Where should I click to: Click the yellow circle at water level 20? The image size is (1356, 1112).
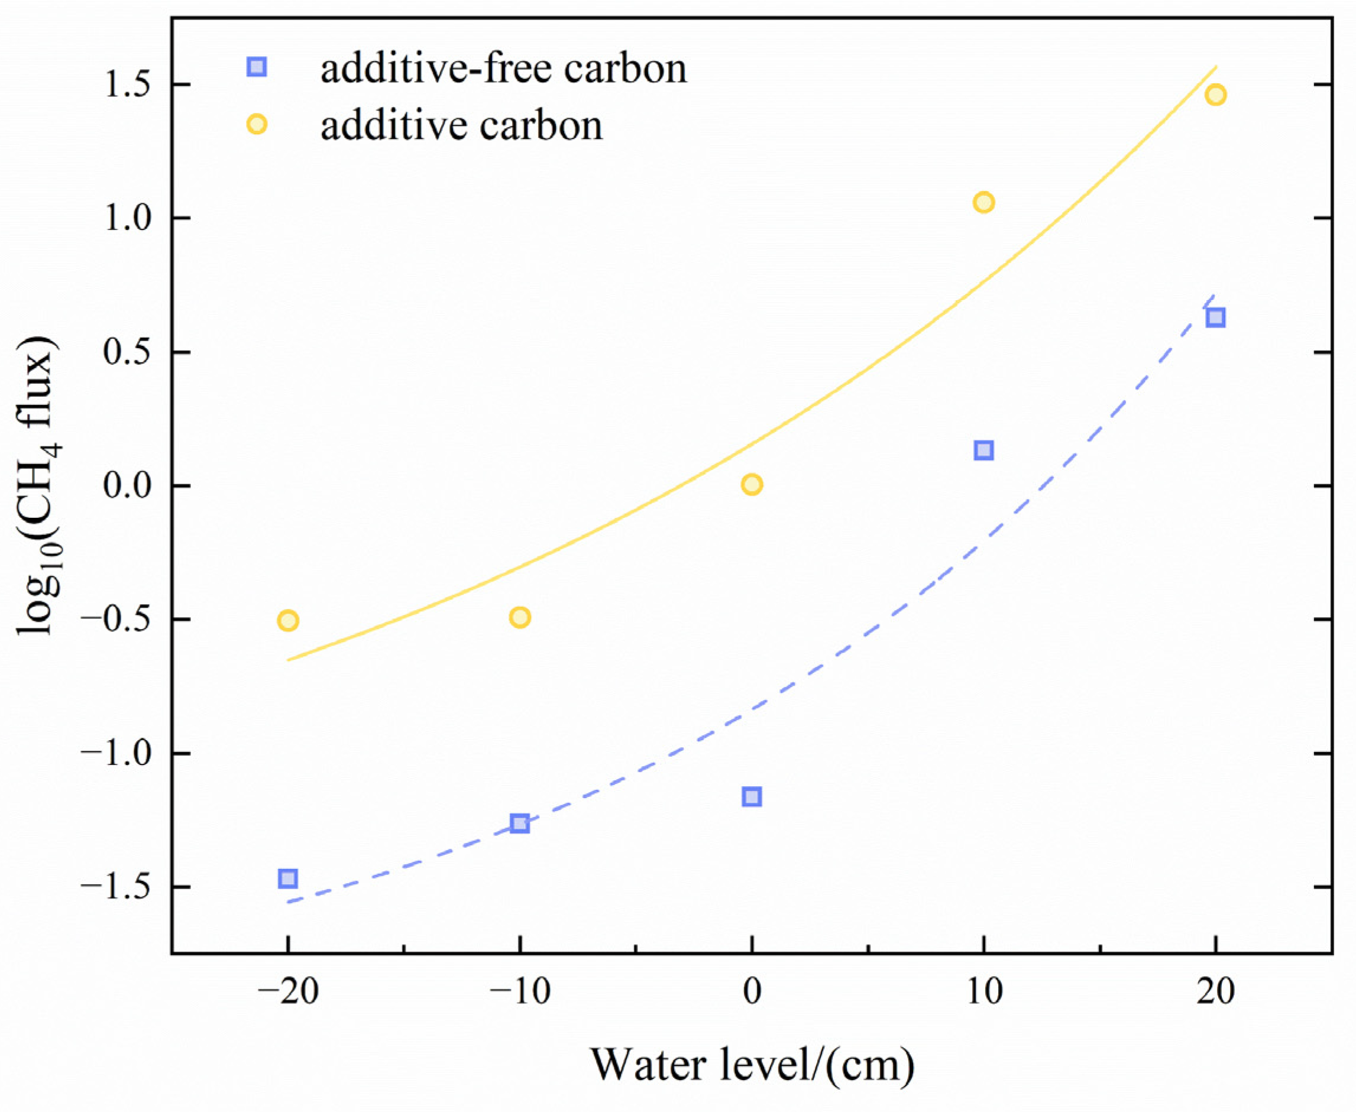click(1215, 95)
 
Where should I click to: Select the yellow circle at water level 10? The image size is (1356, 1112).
click(983, 202)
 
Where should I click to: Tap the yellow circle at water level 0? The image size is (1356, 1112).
click(752, 484)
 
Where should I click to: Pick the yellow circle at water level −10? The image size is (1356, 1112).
click(520, 618)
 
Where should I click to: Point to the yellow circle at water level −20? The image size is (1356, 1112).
click(288, 620)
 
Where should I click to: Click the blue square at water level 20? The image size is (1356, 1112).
click(1215, 317)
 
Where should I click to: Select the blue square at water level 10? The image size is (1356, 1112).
click(983, 450)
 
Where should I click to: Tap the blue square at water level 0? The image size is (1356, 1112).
click(752, 797)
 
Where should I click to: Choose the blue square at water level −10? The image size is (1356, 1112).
click(520, 823)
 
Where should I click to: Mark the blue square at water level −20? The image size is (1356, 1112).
click(288, 878)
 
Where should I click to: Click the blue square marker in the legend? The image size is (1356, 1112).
click(257, 67)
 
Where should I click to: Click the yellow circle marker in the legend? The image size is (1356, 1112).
click(257, 124)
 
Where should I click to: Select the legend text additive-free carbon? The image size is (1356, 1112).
click(503, 69)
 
